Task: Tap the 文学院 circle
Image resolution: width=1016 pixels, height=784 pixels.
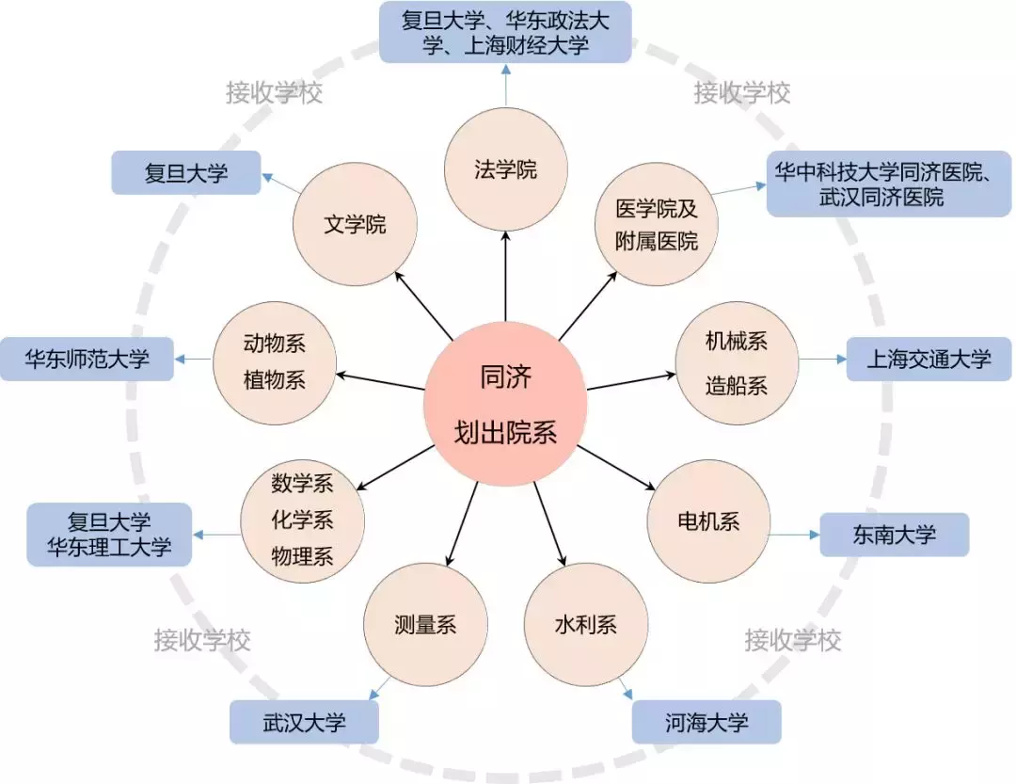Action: (x=355, y=225)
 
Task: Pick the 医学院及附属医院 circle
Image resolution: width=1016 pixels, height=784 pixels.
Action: (x=657, y=225)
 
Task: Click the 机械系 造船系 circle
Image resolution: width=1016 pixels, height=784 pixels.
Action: (x=737, y=362)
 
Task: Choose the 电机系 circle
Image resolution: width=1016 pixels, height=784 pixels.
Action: (x=708, y=521)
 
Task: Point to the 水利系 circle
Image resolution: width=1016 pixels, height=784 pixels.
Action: (x=585, y=624)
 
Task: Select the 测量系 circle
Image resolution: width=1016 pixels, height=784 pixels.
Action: (x=425, y=624)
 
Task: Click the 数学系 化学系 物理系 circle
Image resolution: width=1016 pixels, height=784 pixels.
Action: (x=302, y=520)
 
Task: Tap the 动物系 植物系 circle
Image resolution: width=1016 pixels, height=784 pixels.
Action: (x=274, y=362)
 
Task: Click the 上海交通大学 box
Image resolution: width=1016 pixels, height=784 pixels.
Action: (x=929, y=359)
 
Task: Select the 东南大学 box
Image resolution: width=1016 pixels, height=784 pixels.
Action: (x=894, y=535)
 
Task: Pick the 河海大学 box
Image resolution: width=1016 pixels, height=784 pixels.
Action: (x=706, y=722)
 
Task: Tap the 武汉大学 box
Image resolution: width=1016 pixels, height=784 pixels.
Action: (x=304, y=722)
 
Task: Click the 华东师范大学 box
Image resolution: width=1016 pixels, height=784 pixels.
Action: (x=87, y=359)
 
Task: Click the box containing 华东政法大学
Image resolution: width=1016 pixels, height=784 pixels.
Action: (x=505, y=33)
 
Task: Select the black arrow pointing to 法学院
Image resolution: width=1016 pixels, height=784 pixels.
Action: (x=505, y=278)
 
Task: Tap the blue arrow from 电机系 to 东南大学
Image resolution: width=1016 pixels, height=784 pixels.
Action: (x=795, y=535)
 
